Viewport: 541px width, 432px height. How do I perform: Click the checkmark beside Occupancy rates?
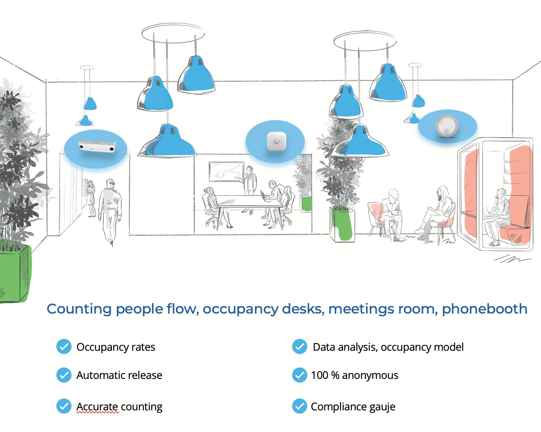(x=64, y=347)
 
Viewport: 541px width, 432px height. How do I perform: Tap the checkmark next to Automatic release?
(x=64, y=375)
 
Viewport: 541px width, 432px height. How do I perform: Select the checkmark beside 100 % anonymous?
(x=300, y=375)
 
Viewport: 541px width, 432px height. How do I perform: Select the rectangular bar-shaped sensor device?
(x=97, y=147)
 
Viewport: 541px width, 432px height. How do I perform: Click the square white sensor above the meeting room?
(x=276, y=141)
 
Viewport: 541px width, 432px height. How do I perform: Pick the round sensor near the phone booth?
(x=447, y=126)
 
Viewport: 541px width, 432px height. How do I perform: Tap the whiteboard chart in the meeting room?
(x=226, y=171)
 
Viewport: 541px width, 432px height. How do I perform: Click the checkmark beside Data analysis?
(x=300, y=347)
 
